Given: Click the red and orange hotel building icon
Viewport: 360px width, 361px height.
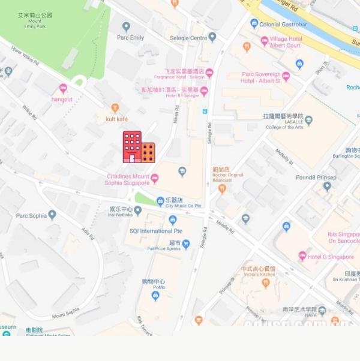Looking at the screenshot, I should pos(139,147).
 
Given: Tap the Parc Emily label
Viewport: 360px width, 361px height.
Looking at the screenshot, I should pos(130,38).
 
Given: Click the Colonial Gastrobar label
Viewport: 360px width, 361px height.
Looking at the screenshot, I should pos(282,24).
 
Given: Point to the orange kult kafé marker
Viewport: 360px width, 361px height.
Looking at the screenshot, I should pos(115,108).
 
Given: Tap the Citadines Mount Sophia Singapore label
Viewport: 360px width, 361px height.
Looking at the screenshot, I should pos(128,179).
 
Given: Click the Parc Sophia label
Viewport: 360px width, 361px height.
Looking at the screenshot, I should pos(31,215).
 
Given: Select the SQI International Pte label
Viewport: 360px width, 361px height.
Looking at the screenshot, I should pos(156,231).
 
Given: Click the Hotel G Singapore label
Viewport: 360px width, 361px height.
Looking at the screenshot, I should pos(331,257).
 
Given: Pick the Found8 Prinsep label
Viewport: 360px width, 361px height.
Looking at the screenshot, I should pos(316,178).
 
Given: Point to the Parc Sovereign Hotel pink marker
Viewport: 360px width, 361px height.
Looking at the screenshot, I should pos(286,76).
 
